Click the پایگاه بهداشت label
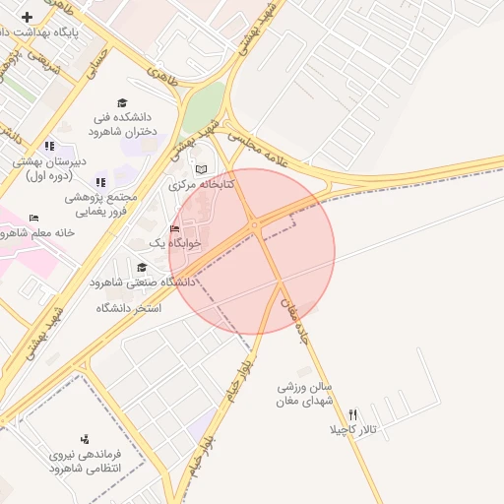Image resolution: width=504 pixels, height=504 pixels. point(53,32)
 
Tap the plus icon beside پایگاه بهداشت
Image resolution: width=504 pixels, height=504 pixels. point(26,17)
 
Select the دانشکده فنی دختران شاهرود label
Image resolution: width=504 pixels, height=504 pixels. point(123,123)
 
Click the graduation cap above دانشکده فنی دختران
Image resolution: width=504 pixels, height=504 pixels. point(122,102)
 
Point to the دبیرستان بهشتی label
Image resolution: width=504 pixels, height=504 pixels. point(49,167)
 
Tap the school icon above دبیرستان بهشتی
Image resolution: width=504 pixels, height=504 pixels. point(49,147)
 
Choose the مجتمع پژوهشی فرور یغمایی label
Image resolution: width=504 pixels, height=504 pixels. point(100,204)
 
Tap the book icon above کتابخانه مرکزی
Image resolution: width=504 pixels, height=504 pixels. point(202,169)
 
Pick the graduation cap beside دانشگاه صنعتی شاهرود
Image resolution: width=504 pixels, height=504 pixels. point(142,267)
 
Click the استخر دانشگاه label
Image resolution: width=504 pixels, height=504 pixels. point(128,308)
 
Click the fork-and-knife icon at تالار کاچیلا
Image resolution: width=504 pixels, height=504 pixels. point(352,414)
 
